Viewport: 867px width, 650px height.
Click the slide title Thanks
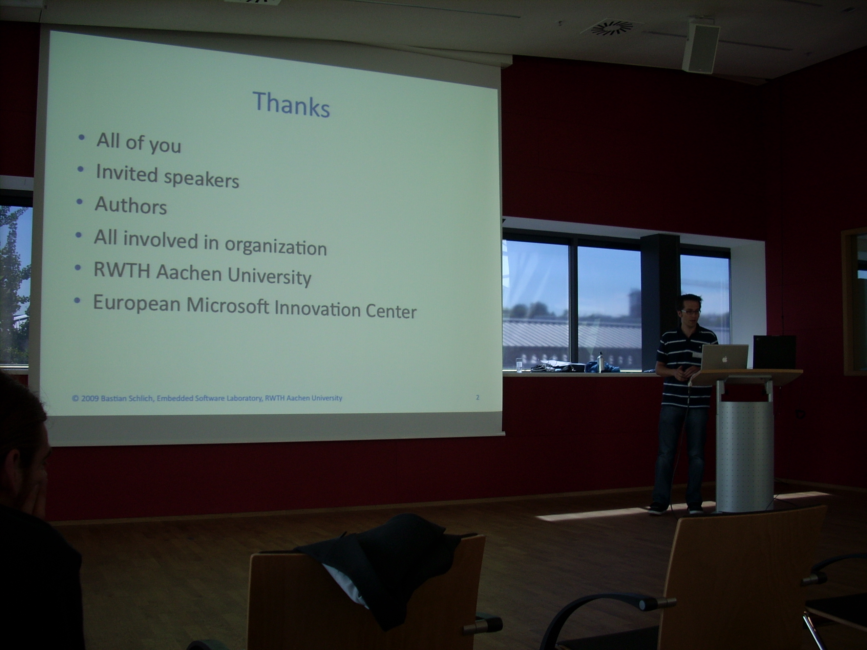click(291, 104)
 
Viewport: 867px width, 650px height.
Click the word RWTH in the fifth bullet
click(122, 269)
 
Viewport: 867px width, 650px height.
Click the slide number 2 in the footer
click(478, 397)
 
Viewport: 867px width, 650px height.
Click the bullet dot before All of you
click(82, 138)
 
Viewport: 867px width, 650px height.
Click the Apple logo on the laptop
click(725, 358)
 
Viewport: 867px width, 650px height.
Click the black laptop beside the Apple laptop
click(774, 352)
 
